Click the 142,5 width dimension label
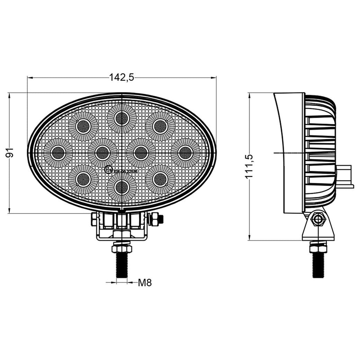(x=121, y=78)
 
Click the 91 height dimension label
(x=10, y=152)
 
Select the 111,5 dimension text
(x=250, y=166)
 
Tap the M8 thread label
(x=145, y=283)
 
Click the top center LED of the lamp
(x=121, y=118)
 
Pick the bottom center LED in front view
(x=121, y=187)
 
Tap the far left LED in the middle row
(x=58, y=153)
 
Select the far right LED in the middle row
(x=185, y=153)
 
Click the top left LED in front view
(x=83, y=127)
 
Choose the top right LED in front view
(x=160, y=127)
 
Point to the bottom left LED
(x=83, y=179)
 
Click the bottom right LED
(x=160, y=179)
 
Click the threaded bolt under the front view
(x=122, y=265)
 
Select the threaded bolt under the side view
(x=318, y=265)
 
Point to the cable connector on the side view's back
(x=344, y=177)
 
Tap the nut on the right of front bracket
(x=155, y=219)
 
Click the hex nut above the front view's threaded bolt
(x=122, y=249)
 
